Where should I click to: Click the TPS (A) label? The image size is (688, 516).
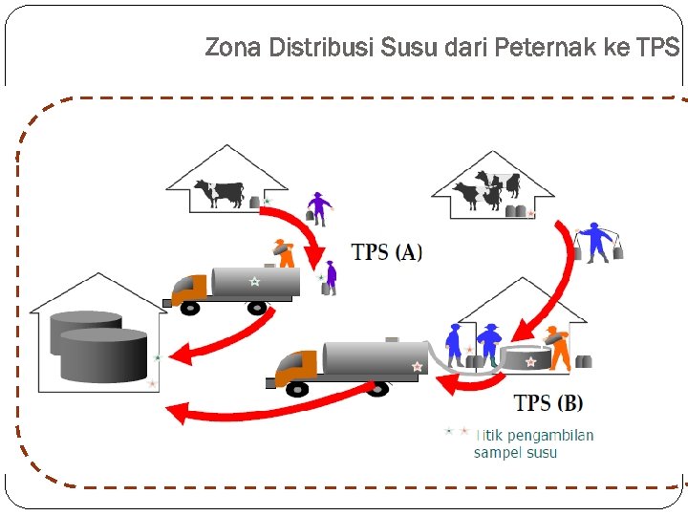point(386,252)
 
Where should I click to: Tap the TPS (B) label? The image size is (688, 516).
point(548,402)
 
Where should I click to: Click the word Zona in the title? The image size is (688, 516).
point(232,48)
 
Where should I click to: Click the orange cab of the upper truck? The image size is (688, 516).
point(190,286)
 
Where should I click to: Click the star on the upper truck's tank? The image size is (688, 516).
point(254,281)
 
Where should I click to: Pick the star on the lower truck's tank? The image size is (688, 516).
point(417,366)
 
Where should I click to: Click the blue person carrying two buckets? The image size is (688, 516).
point(597,241)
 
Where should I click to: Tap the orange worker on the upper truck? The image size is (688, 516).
point(282,252)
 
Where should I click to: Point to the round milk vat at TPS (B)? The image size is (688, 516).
point(526,357)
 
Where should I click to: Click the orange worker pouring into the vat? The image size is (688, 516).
point(558,347)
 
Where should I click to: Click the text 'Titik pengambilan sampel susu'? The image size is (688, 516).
point(531,443)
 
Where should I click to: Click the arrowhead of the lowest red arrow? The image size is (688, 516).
point(176,412)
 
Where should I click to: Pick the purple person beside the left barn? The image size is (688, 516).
point(318,208)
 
